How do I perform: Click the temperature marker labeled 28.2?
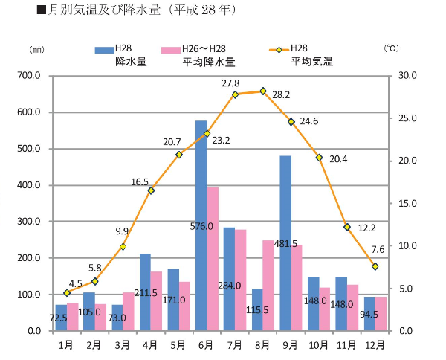click(262, 91)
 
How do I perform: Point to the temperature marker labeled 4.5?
click(67, 292)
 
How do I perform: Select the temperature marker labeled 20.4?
click(319, 158)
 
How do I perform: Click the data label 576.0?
click(201, 226)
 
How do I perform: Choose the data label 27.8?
click(230, 83)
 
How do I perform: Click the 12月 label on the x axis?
click(375, 344)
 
